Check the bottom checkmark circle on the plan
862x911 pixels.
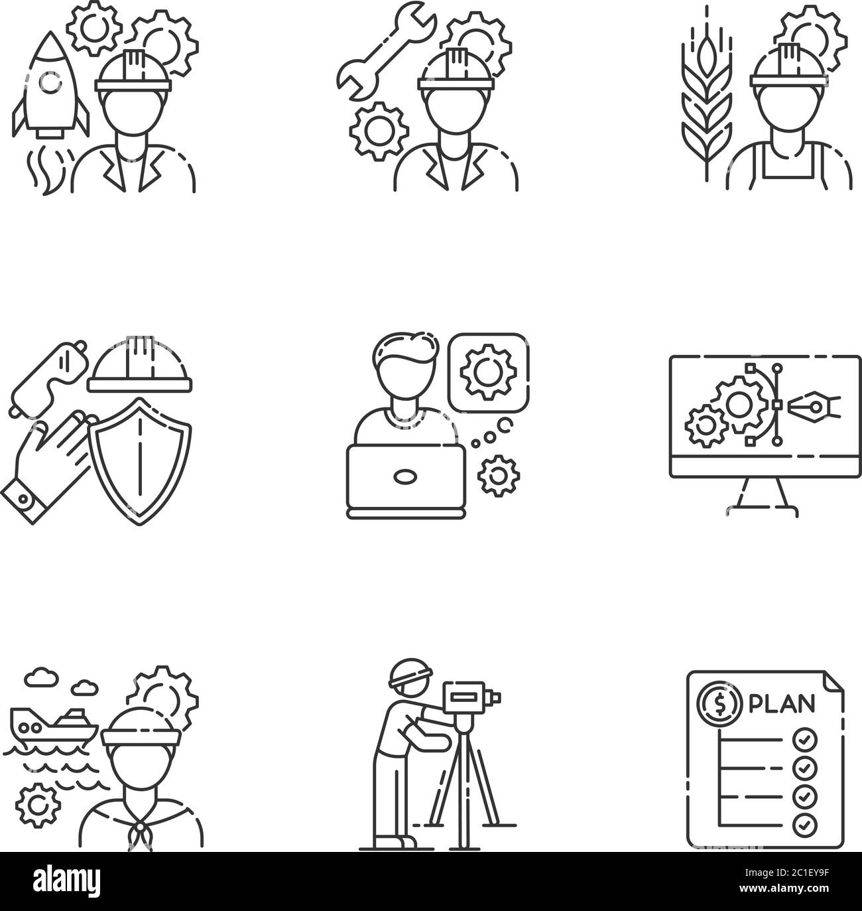click(806, 825)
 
